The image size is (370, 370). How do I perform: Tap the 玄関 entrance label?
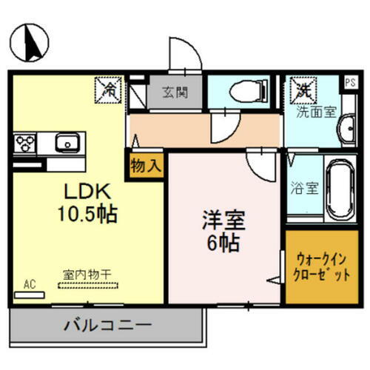pos(175,93)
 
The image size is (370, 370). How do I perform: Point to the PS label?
pos(350,82)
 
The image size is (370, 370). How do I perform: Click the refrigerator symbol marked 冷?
pos(108,91)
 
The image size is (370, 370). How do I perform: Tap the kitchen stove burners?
pos(22,141)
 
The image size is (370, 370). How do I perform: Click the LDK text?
pos(84,191)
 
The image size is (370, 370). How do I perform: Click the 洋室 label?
pos(224,220)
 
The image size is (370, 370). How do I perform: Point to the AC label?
pos(29,283)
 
